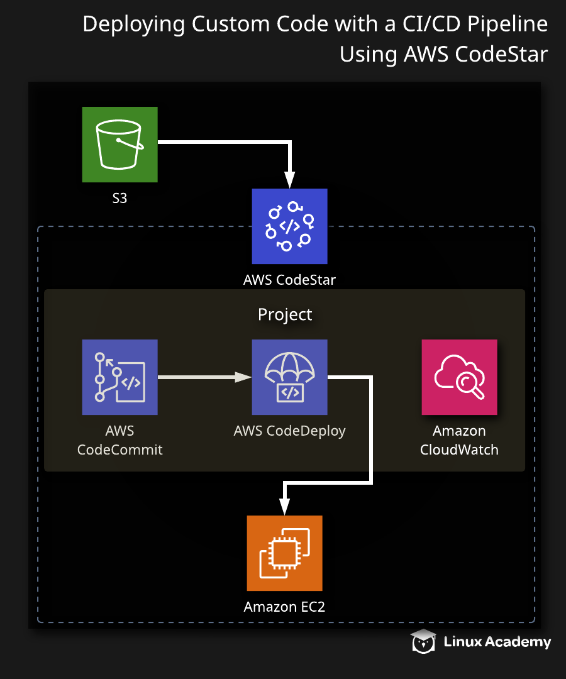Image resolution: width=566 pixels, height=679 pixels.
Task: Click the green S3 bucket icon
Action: (x=119, y=145)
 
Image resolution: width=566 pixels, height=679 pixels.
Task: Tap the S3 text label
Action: (x=119, y=199)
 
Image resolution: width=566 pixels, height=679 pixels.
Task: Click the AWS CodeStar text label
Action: (x=289, y=280)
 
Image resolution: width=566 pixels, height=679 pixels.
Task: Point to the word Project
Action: (x=285, y=314)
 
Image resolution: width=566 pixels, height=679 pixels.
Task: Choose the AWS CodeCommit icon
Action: (x=119, y=377)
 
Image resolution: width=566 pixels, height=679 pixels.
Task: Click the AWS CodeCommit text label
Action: (x=119, y=440)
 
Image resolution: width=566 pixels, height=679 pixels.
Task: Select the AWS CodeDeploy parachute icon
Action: (x=289, y=377)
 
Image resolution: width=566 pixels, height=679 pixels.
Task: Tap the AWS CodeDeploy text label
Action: (x=289, y=431)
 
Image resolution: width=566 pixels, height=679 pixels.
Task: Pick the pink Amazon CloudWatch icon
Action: (x=459, y=377)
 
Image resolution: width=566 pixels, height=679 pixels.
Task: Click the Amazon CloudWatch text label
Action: (x=459, y=440)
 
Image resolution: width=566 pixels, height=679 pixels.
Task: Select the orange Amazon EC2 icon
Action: (x=284, y=553)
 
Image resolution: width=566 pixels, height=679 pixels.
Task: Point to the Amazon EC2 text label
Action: (x=284, y=607)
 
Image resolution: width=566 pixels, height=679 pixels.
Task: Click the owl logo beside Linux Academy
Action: (x=423, y=641)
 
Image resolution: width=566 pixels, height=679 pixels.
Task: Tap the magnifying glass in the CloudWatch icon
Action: (x=468, y=384)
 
